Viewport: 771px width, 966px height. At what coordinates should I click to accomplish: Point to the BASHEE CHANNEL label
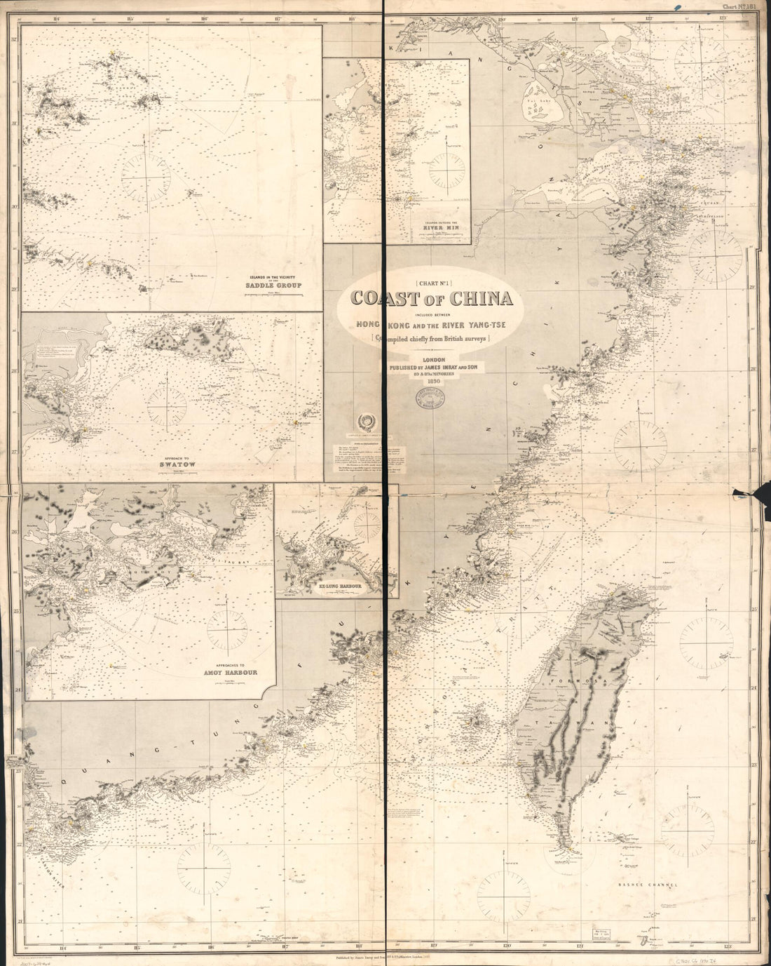pos(648,885)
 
